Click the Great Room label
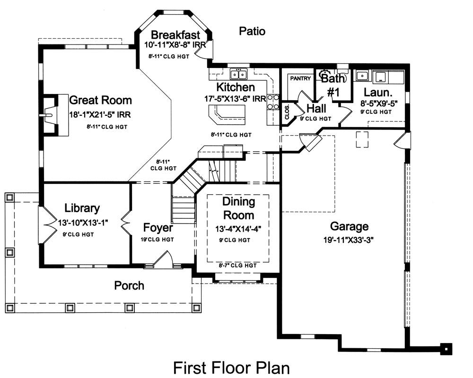(x=100, y=100)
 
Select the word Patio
(x=252, y=31)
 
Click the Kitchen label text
(x=236, y=87)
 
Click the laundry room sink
(x=363, y=75)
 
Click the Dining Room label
(x=238, y=208)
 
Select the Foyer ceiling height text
(x=158, y=240)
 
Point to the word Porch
(x=129, y=285)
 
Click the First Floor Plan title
(x=231, y=368)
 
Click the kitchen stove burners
(x=273, y=102)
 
